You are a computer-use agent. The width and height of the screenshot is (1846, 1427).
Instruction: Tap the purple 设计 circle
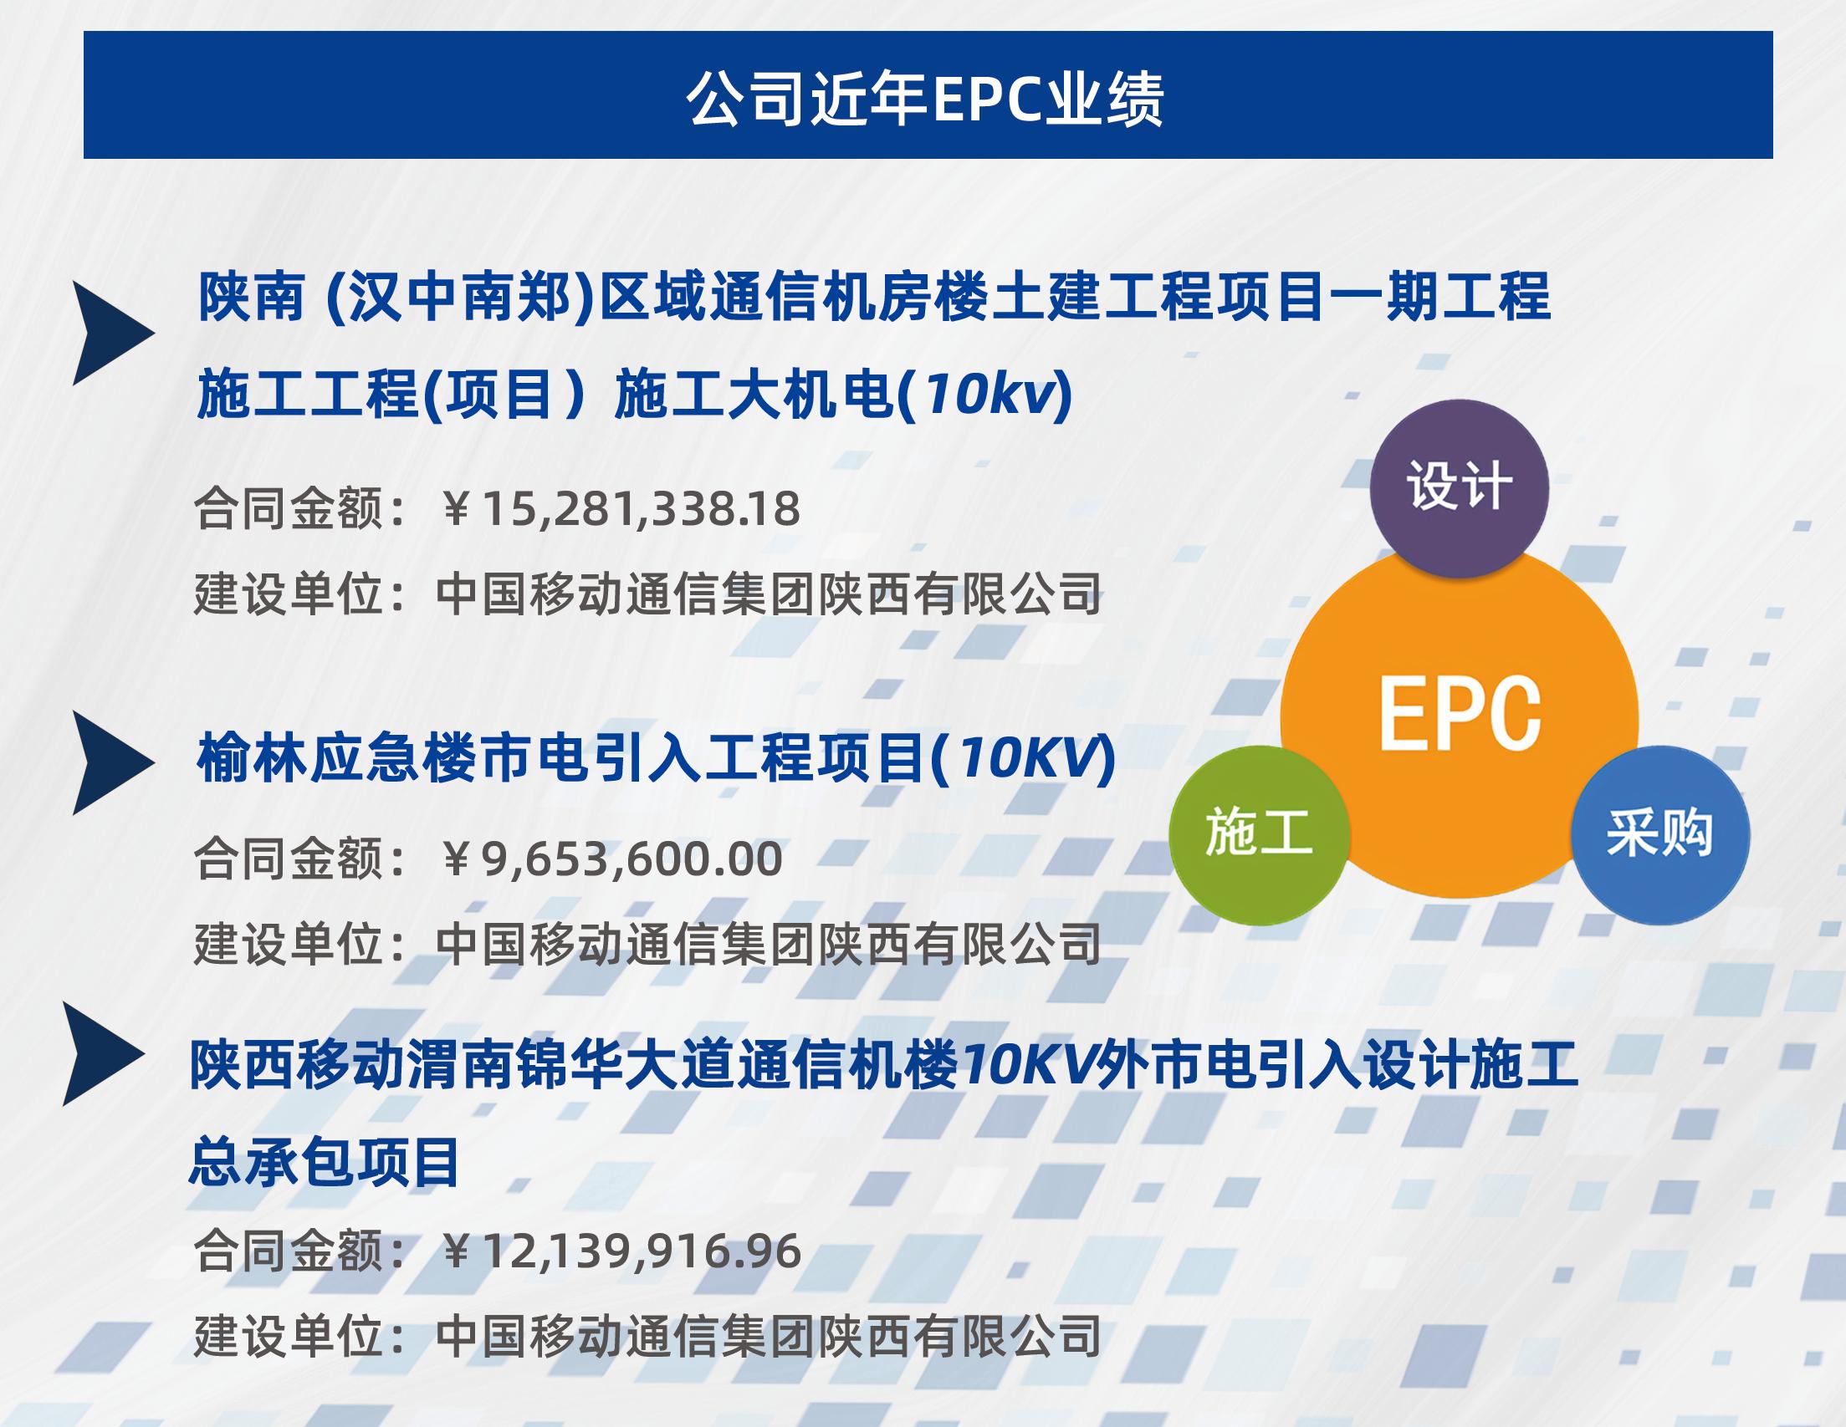(x=1459, y=487)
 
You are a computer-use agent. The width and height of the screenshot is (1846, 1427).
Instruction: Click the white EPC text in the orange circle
(x=1460, y=712)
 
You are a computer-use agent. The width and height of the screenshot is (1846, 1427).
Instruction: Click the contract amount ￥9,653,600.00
(x=611, y=859)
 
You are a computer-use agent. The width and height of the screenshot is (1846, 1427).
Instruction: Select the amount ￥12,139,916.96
(x=621, y=1251)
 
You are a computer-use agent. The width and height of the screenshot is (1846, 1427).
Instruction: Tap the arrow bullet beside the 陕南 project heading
(x=114, y=333)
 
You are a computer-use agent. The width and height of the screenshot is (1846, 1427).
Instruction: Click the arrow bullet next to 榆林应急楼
(x=114, y=762)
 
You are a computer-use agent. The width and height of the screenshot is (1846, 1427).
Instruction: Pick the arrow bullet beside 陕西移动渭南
(x=103, y=1053)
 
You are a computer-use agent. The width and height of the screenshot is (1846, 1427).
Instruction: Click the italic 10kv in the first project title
(x=989, y=395)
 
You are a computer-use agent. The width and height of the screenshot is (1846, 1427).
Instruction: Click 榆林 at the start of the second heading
(x=251, y=758)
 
